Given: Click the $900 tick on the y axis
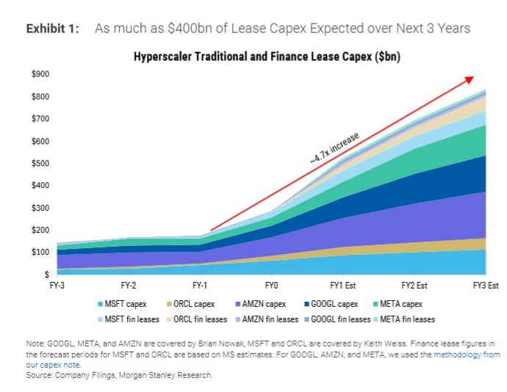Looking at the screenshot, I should tap(40, 74).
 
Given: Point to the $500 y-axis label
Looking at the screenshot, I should tap(40, 163).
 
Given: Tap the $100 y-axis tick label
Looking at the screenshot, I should tap(40, 253).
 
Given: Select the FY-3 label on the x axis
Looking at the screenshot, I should tap(57, 284).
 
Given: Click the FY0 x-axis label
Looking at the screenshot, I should tap(271, 284).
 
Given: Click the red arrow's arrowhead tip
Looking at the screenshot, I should tap(473, 77).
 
